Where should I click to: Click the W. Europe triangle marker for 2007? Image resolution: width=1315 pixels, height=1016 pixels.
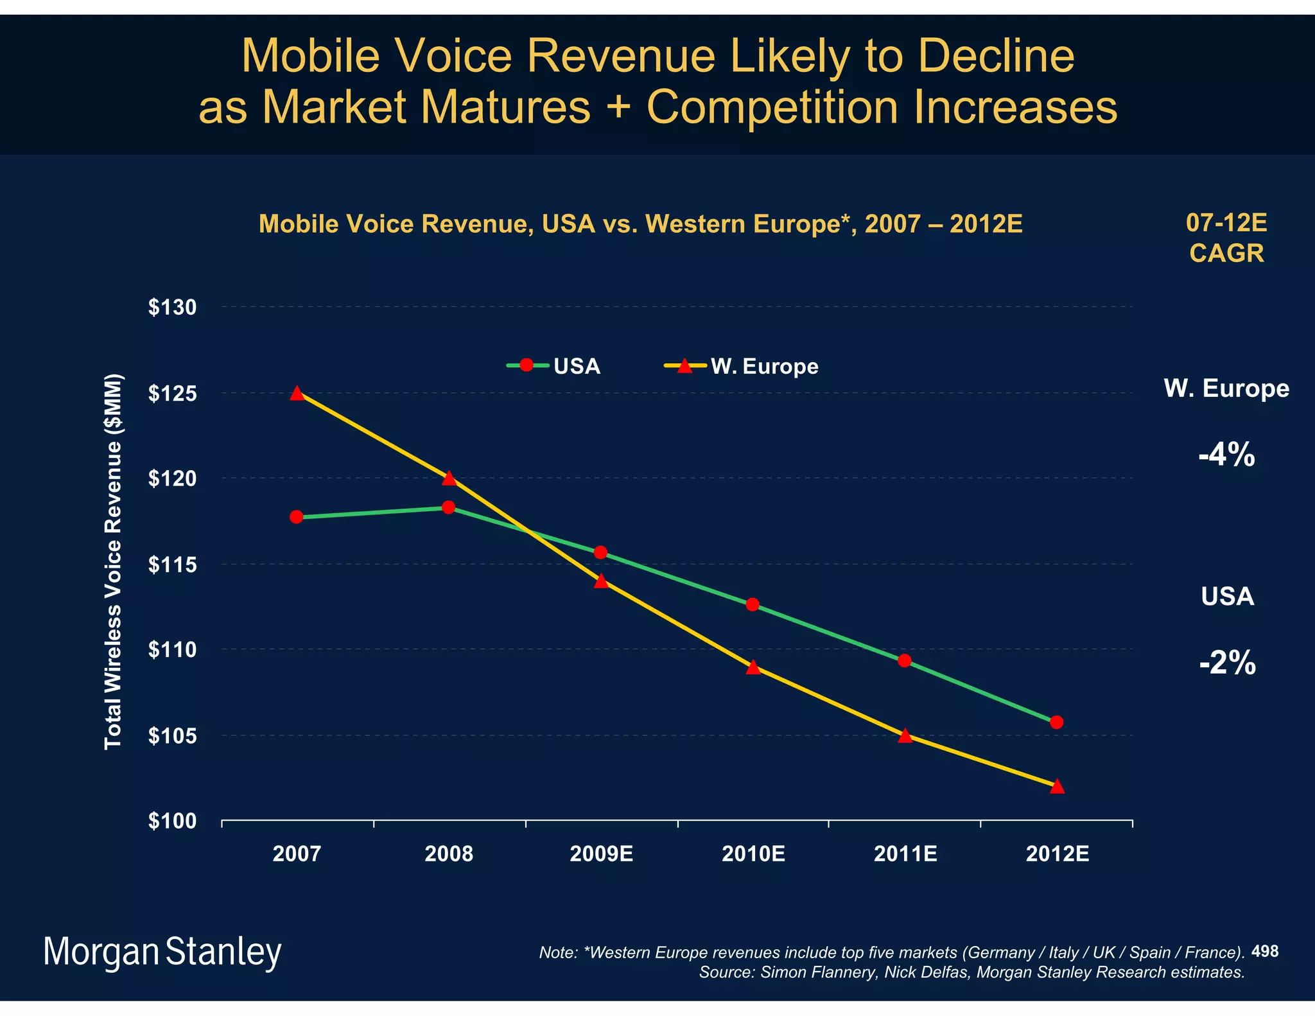297,393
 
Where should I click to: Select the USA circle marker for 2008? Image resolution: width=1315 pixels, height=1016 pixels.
448,507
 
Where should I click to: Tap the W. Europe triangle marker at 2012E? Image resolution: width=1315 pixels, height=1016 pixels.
1057,787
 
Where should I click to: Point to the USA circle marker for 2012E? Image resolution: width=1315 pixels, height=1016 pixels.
1057,723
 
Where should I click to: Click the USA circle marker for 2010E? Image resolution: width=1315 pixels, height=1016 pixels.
753,604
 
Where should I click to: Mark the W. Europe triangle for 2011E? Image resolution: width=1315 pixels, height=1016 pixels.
905,736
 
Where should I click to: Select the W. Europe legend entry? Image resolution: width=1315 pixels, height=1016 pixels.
742,366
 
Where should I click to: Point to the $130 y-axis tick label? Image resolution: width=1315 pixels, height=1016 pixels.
172,308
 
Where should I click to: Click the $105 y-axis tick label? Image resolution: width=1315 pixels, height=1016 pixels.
172,736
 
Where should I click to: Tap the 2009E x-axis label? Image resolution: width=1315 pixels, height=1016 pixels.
601,854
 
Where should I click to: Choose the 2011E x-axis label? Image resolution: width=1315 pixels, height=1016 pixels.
905,854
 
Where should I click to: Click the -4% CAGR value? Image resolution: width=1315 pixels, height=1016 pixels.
1226,455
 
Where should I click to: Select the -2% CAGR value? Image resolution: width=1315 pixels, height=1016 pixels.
1227,663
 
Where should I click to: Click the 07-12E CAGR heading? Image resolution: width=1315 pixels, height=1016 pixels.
1226,238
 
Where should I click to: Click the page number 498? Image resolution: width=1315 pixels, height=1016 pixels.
1265,951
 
